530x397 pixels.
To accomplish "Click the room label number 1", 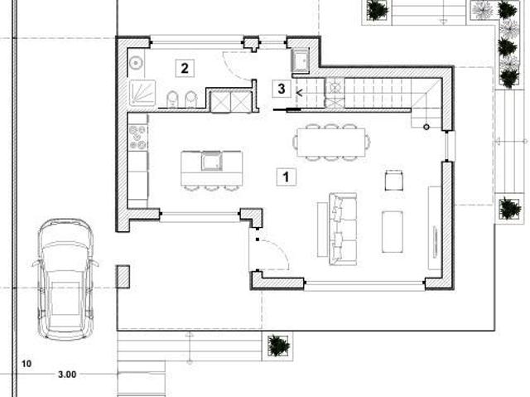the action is point(287,177).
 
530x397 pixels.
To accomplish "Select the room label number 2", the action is point(185,68).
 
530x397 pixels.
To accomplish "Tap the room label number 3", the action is point(282,89).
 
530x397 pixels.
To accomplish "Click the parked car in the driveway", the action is point(65,279).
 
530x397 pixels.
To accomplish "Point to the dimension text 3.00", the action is point(67,375).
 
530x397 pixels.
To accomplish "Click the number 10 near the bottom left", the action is point(26,364).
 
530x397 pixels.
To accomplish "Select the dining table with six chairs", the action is point(331,142).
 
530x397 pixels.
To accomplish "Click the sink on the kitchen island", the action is point(212,161).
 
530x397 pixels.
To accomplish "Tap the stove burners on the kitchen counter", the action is point(138,137).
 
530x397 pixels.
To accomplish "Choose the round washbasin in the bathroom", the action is point(136,62).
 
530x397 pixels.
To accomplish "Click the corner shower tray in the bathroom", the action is point(142,93).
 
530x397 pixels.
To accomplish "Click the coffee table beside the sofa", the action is point(392,232).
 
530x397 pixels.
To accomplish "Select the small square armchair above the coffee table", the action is point(394,181).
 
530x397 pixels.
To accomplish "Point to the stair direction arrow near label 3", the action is point(299,92).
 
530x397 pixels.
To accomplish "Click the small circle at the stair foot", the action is point(426,127).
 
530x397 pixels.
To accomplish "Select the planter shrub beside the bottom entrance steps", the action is point(278,346).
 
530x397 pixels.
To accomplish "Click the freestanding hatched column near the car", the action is point(123,277).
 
